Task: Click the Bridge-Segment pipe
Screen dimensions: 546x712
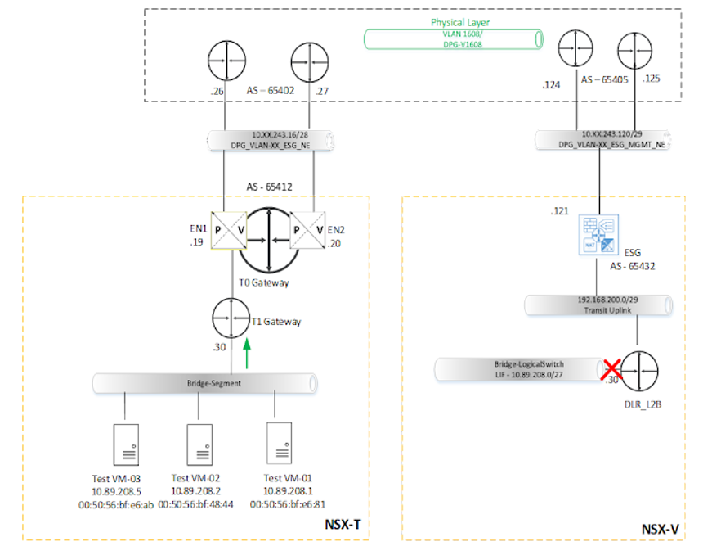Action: [x=204, y=383]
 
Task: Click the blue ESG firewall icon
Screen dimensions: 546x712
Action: [x=601, y=236]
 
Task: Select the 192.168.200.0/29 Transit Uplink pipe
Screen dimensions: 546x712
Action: [x=600, y=306]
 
